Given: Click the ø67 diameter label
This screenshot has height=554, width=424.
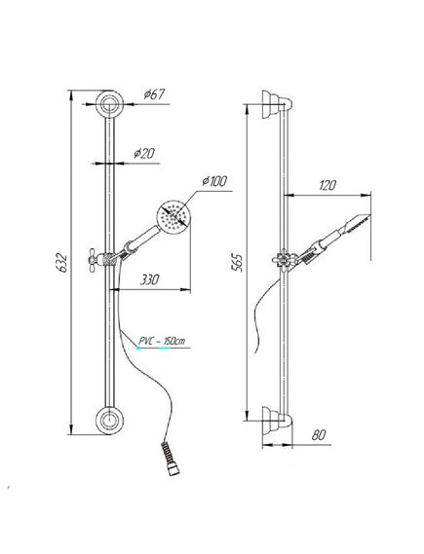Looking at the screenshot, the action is (x=155, y=94).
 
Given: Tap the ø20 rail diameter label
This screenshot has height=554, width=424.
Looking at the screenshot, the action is (x=144, y=153).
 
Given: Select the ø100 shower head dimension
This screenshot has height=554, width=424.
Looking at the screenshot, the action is (x=214, y=181).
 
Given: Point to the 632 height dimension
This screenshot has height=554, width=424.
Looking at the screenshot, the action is (x=61, y=262).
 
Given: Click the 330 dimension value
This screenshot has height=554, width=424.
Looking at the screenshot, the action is (x=149, y=279).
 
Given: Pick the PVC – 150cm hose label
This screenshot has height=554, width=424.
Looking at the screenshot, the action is (x=162, y=341).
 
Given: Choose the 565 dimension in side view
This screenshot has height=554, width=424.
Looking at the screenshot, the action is (x=237, y=262).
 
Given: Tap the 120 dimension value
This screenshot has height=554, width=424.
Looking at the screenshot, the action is (x=328, y=185).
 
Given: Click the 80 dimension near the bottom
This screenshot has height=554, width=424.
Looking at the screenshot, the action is (x=319, y=435).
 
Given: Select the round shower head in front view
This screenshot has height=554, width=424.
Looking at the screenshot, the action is (x=173, y=217).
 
